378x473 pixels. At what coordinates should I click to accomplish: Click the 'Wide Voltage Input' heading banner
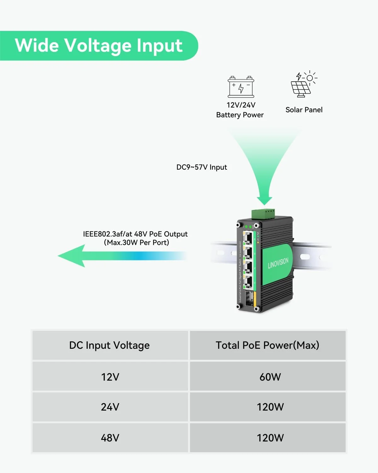click(98, 45)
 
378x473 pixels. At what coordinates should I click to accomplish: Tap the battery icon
click(241, 87)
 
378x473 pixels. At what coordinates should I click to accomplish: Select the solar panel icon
click(303, 84)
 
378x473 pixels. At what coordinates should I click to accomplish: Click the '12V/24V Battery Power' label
click(240, 110)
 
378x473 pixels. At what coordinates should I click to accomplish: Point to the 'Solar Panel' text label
click(304, 110)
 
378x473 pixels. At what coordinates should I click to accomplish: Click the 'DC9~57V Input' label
click(202, 167)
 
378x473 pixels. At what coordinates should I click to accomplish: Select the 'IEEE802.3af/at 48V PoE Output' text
click(135, 234)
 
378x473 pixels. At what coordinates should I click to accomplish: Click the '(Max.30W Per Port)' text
click(136, 242)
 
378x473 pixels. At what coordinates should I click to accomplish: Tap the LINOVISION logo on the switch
click(278, 263)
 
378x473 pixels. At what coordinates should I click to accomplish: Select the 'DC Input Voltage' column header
click(110, 345)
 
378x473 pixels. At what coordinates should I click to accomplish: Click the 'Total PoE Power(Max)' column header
click(267, 345)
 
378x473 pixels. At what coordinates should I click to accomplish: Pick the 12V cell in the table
click(110, 377)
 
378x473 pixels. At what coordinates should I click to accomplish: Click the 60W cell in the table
click(270, 377)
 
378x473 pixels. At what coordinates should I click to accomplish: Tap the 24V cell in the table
click(110, 407)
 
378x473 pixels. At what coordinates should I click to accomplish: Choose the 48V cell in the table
click(110, 438)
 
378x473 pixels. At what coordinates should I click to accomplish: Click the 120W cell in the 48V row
click(270, 438)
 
